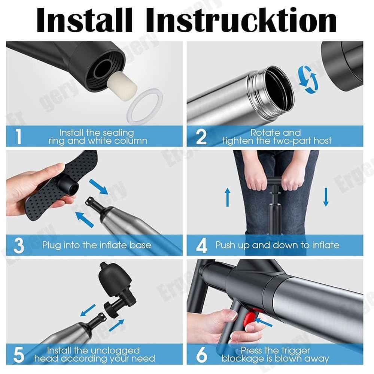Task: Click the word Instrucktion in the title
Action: pyautogui.click(x=241, y=20)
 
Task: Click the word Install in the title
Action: pyautogui.click(x=84, y=20)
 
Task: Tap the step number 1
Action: pyautogui.click(x=18, y=136)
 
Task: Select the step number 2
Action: pyautogui.click(x=201, y=137)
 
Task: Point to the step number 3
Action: pyautogui.click(x=19, y=245)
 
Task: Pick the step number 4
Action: pyautogui.click(x=201, y=245)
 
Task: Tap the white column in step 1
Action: pyautogui.click(x=122, y=83)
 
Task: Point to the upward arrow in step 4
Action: pyautogui.click(x=228, y=197)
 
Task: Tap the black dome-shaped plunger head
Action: pyautogui.click(x=115, y=276)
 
